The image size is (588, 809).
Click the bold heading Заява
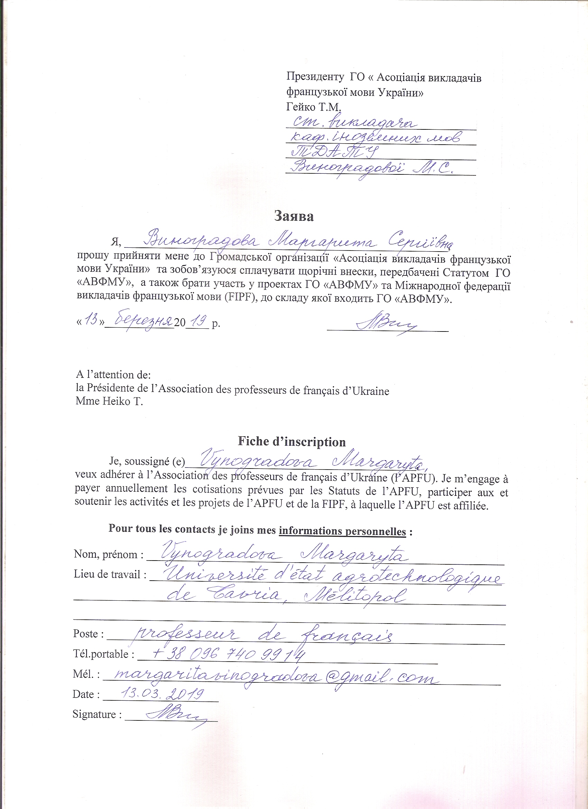click(x=294, y=217)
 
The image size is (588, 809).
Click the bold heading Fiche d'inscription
click(x=292, y=442)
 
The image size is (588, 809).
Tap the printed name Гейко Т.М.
click(x=314, y=107)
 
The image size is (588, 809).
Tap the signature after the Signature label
click(x=176, y=713)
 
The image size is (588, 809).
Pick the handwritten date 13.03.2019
click(x=162, y=694)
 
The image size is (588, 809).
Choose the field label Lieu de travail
click(x=111, y=575)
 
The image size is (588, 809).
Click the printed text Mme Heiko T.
click(x=109, y=401)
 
